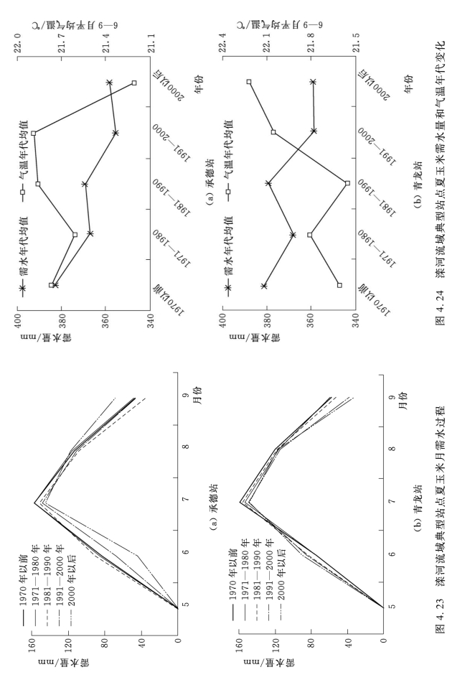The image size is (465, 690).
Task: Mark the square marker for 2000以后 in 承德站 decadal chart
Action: (x=134, y=84)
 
